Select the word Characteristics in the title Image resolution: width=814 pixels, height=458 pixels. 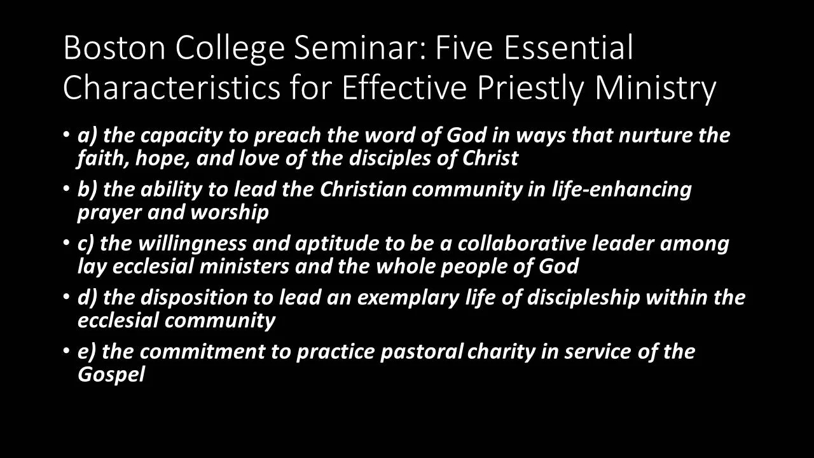click(x=171, y=88)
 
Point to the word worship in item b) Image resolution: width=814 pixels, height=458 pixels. click(x=230, y=212)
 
